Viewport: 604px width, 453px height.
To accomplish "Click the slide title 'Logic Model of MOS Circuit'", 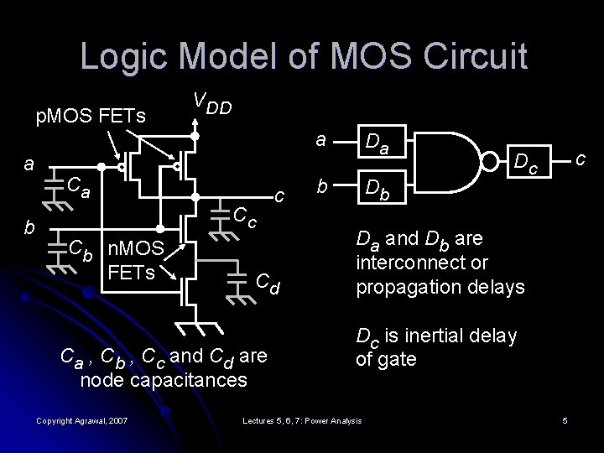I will [304, 56].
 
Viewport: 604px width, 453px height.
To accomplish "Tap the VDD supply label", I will [211, 104].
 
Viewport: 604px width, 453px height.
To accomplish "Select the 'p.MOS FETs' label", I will [91, 114].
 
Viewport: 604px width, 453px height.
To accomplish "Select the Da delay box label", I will [374, 148].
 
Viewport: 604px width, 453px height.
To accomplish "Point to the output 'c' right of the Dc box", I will [578, 157].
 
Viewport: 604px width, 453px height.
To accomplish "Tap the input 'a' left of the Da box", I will [320, 142].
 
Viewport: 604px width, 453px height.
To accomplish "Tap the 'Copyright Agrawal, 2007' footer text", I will [82, 419].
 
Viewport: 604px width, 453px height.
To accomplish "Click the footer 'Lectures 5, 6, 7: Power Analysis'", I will [301, 419].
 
